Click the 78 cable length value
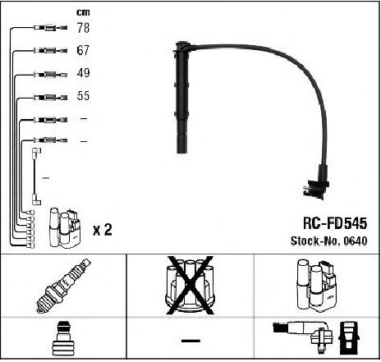tap(83, 28)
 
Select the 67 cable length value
tap(83, 50)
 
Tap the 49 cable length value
tap(83, 73)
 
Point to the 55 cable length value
tap(83, 96)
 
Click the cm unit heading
tap(83, 12)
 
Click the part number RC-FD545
tap(335, 223)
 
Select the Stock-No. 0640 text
tap(328, 241)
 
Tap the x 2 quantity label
tap(103, 230)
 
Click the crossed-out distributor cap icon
tap(190, 285)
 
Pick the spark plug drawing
tap(63, 286)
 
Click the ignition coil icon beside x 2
tap(65, 228)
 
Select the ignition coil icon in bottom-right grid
tap(316, 286)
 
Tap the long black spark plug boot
tap(182, 97)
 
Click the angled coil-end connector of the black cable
tap(317, 182)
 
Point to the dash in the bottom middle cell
tap(190, 341)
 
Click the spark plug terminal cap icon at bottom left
tap(63, 338)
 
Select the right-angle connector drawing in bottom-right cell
tap(303, 335)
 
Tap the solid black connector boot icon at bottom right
tap(349, 338)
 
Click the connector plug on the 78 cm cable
tap(51, 28)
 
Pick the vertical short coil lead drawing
tap(36, 176)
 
